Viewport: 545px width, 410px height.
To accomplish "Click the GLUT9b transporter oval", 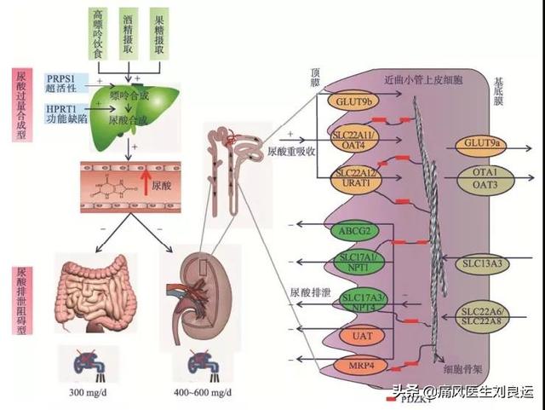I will coord(351,103).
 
